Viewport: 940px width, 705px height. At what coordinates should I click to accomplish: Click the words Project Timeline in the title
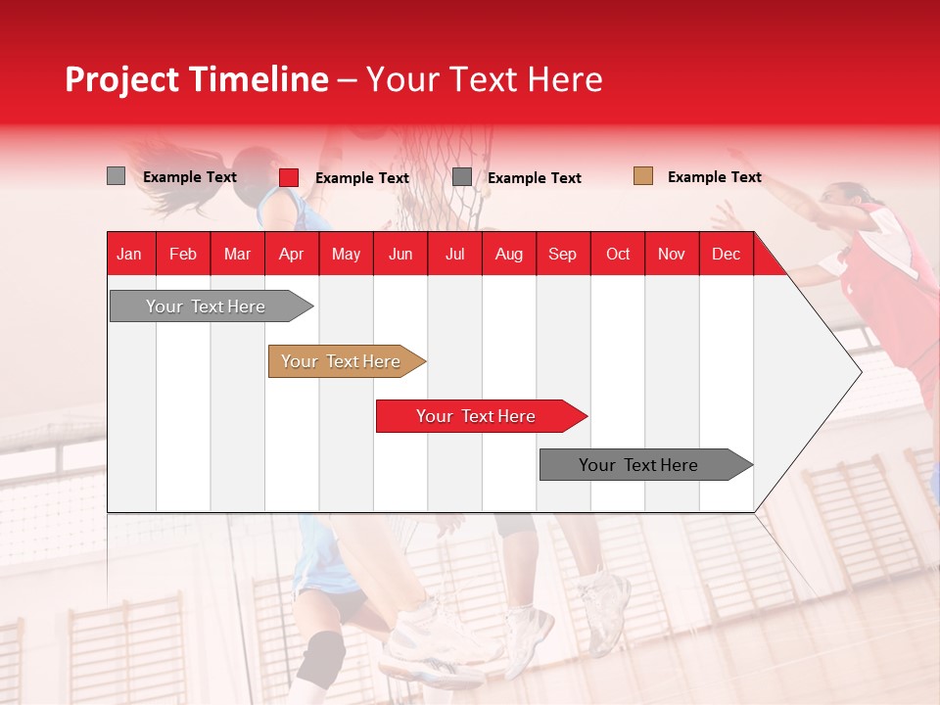click(196, 79)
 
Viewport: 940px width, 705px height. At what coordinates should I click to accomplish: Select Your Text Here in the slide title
click(484, 79)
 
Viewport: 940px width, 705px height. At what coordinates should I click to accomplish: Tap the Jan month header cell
click(129, 255)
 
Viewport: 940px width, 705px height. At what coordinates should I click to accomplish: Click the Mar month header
click(237, 255)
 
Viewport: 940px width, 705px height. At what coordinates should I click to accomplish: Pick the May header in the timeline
click(346, 255)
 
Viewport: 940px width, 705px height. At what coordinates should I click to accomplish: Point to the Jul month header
click(454, 255)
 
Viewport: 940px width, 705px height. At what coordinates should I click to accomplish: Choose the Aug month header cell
click(508, 255)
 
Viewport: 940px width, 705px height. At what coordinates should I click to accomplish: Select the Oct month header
click(618, 255)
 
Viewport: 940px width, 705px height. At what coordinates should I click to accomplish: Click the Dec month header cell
click(726, 255)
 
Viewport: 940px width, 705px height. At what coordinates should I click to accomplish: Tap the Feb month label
click(183, 255)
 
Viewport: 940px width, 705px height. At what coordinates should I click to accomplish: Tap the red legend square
click(289, 177)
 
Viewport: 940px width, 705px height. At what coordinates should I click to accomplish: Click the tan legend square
click(642, 176)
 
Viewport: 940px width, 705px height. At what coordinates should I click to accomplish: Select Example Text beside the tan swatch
click(714, 177)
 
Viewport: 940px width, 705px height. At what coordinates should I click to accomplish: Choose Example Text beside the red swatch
click(361, 178)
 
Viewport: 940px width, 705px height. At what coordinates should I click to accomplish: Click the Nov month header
click(672, 255)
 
